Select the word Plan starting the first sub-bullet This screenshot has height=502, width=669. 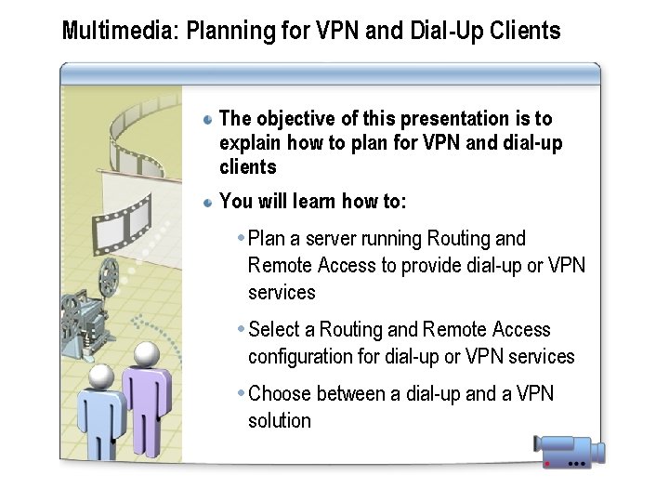tap(268, 239)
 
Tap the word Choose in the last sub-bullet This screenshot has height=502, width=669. tap(282, 394)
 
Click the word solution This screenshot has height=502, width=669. tap(280, 420)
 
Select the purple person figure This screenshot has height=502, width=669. tap(146, 400)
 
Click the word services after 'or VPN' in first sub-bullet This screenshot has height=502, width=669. tap(282, 292)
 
